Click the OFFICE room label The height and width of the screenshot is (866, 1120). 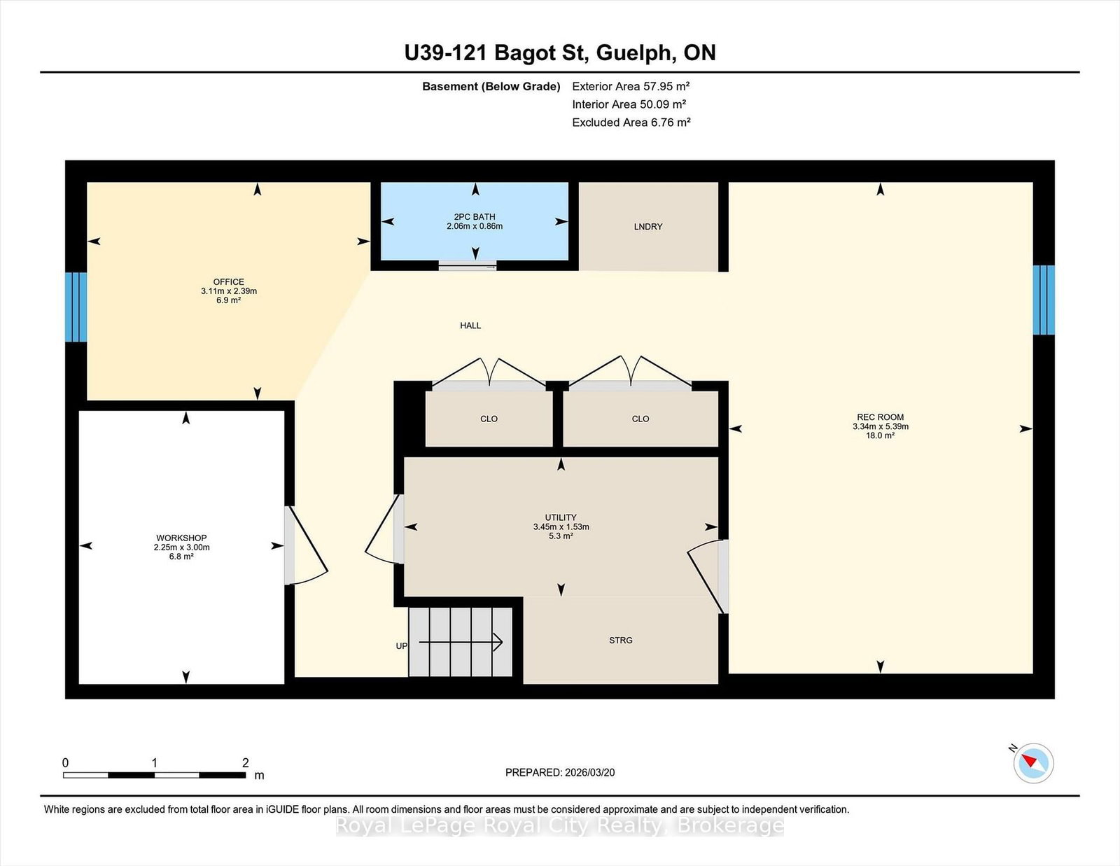(228, 282)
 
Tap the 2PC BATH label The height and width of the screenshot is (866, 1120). (474, 217)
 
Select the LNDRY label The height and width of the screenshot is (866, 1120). (648, 227)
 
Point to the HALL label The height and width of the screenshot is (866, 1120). (470, 326)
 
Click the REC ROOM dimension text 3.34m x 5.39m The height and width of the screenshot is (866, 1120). (881, 426)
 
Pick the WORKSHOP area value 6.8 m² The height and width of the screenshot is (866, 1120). (181, 557)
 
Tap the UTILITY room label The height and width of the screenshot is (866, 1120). (561, 517)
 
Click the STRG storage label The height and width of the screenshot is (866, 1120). (621, 640)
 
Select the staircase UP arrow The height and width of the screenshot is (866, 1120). (461, 642)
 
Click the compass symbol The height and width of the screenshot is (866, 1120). (1033, 764)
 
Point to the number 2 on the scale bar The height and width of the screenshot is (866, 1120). (245, 763)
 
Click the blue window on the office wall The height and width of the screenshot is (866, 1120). (76, 307)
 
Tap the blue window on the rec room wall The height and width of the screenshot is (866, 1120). (1044, 300)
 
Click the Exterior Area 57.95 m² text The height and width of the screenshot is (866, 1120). (631, 87)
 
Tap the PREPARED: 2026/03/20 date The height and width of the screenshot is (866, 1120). (560, 773)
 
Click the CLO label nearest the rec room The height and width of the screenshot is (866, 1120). (640, 419)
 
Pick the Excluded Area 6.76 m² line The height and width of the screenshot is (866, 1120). (631, 123)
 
